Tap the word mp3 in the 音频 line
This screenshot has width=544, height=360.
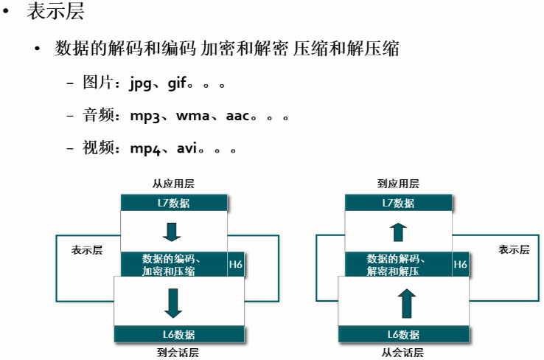[144, 116]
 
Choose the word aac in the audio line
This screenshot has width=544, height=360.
[238, 116]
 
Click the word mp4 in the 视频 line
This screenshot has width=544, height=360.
[145, 148]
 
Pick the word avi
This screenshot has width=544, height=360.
[187, 148]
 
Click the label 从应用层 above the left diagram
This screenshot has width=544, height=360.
[173, 184]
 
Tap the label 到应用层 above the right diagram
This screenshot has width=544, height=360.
[398, 184]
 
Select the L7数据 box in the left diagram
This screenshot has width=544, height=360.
[174, 203]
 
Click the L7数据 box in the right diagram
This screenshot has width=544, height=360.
[398, 203]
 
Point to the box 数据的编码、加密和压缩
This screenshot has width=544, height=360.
[174, 264]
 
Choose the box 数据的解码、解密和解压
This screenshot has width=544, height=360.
[398, 264]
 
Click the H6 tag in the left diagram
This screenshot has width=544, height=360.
[236, 264]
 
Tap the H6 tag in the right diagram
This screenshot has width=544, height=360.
[460, 264]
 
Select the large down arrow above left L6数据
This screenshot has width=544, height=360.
[174, 304]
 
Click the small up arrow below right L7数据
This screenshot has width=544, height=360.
[398, 232]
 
